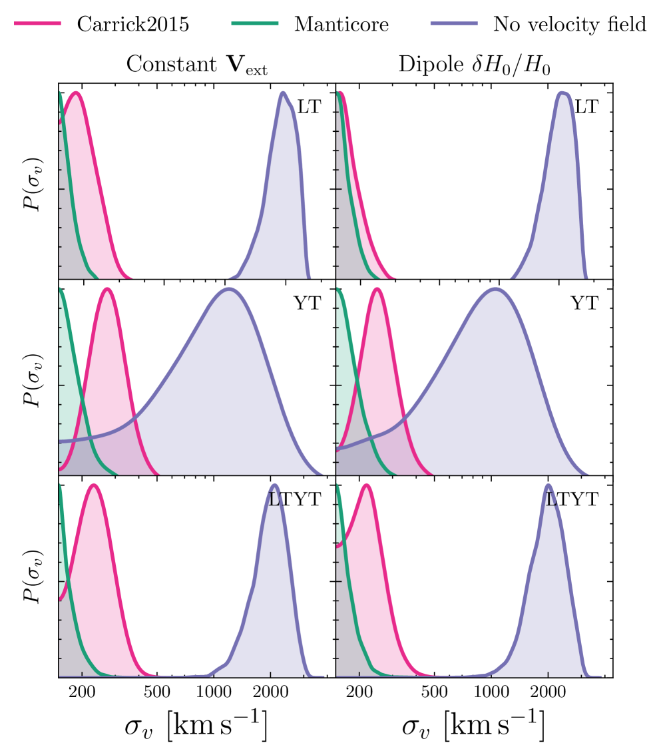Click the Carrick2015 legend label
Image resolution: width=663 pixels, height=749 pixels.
133,25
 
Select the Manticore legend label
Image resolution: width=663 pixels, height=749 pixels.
341,25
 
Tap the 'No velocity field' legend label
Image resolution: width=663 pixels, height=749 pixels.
570,25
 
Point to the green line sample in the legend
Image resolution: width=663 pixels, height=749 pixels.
254,24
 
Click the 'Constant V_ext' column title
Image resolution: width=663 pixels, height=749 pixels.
197,65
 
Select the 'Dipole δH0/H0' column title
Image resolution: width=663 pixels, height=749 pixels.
474,65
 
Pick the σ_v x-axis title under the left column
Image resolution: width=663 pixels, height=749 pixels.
196,727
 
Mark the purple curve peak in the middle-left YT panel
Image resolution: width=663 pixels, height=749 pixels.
229,289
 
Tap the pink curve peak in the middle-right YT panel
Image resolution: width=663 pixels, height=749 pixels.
377,289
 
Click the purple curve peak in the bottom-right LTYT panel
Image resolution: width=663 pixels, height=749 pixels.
549,485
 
